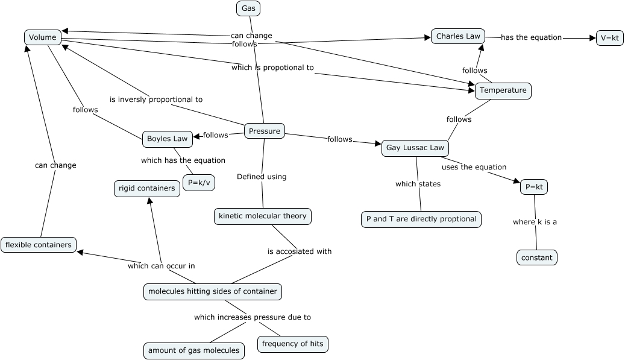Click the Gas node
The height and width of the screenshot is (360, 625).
[248, 8]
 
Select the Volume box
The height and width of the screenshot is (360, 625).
[43, 37]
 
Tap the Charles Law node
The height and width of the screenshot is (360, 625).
[458, 36]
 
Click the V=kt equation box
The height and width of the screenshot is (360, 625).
[609, 38]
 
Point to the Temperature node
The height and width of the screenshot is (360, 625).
[503, 91]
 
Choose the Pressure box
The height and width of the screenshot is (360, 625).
[265, 131]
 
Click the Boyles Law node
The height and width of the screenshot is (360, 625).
[168, 139]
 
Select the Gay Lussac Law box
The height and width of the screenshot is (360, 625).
[415, 148]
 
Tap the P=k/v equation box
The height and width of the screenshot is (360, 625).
[199, 182]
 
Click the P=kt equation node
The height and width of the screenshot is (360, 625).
[534, 188]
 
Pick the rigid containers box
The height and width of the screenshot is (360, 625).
[147, 188]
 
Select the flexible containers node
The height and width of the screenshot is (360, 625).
[39, 244]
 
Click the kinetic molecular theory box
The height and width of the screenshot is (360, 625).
[263, 216]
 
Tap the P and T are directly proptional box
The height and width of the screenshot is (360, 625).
[421, 219]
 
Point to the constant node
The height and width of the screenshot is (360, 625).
[536, 257]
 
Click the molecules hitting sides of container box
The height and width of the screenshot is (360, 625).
[213, 291]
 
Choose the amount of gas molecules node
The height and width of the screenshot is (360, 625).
[194, 350]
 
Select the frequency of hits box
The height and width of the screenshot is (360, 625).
[293, 344]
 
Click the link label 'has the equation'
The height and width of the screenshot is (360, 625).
[532, 37]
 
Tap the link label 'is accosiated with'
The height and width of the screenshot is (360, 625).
[300, 251]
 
